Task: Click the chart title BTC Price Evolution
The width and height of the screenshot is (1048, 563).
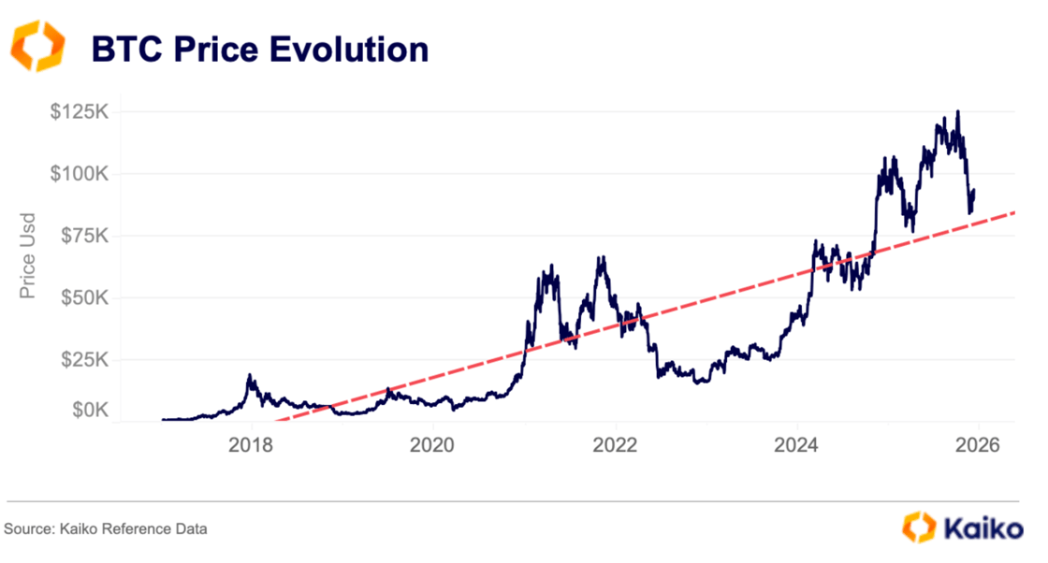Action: point(259,48)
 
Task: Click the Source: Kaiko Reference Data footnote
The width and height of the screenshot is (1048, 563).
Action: point(106,529)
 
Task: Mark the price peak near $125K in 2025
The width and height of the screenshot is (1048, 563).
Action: point(957,112)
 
